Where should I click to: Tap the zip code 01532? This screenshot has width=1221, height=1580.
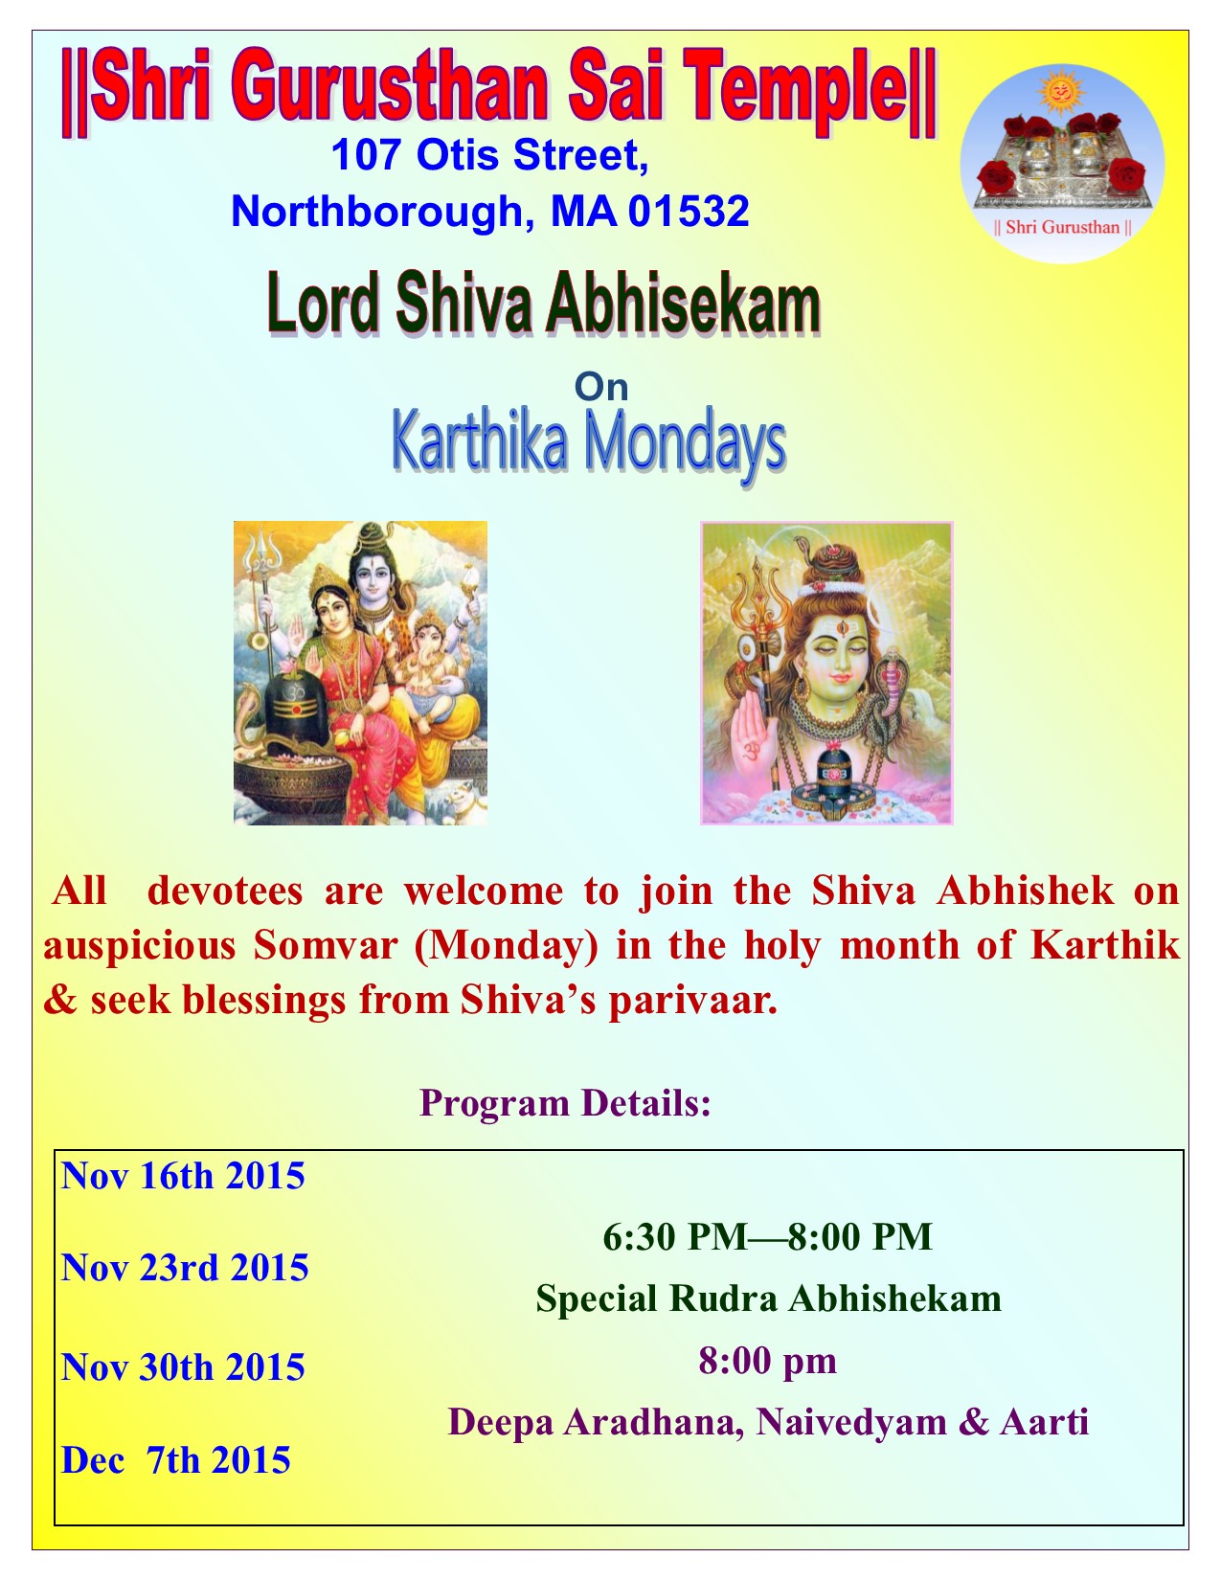[689, 211]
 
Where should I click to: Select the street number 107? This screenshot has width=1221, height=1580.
[366, 155]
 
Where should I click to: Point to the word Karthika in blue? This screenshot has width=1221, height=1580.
[479, 442]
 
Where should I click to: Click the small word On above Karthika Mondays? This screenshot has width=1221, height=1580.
[601, 387]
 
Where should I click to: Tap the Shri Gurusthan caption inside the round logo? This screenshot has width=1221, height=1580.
[1062, 228]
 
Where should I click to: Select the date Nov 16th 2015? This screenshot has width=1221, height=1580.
[183, 1176]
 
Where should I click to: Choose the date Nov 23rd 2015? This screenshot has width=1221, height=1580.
[185, 1267]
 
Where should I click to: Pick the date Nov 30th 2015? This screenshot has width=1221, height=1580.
[183, 1367]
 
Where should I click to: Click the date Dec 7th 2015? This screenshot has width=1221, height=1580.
[176, 1460]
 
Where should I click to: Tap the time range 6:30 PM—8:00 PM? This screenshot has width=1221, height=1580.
[767, 1237]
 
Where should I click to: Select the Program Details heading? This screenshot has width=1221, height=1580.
[565, 1103]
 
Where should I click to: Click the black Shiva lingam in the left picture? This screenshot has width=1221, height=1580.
[298, 708]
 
